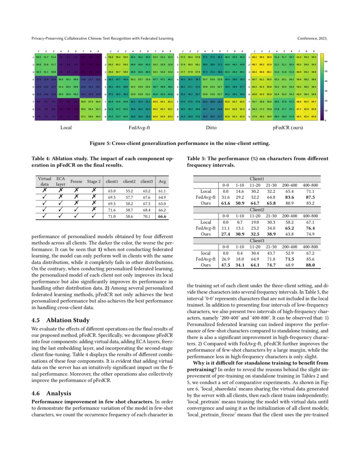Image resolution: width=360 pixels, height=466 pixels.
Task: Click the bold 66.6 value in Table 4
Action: pyautogui.click(x=161, y=216)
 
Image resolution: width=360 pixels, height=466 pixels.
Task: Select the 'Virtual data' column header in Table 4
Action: pyautogui.click(x=44, y=181)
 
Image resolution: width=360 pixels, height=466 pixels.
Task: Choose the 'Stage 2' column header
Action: pyautogui.click(x=94, y=181)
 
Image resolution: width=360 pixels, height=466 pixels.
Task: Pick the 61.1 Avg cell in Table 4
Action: pyautogui.click(x=161, y=191)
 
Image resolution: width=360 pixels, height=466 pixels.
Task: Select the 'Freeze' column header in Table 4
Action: pyautogui.click(x=76, y=181)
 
